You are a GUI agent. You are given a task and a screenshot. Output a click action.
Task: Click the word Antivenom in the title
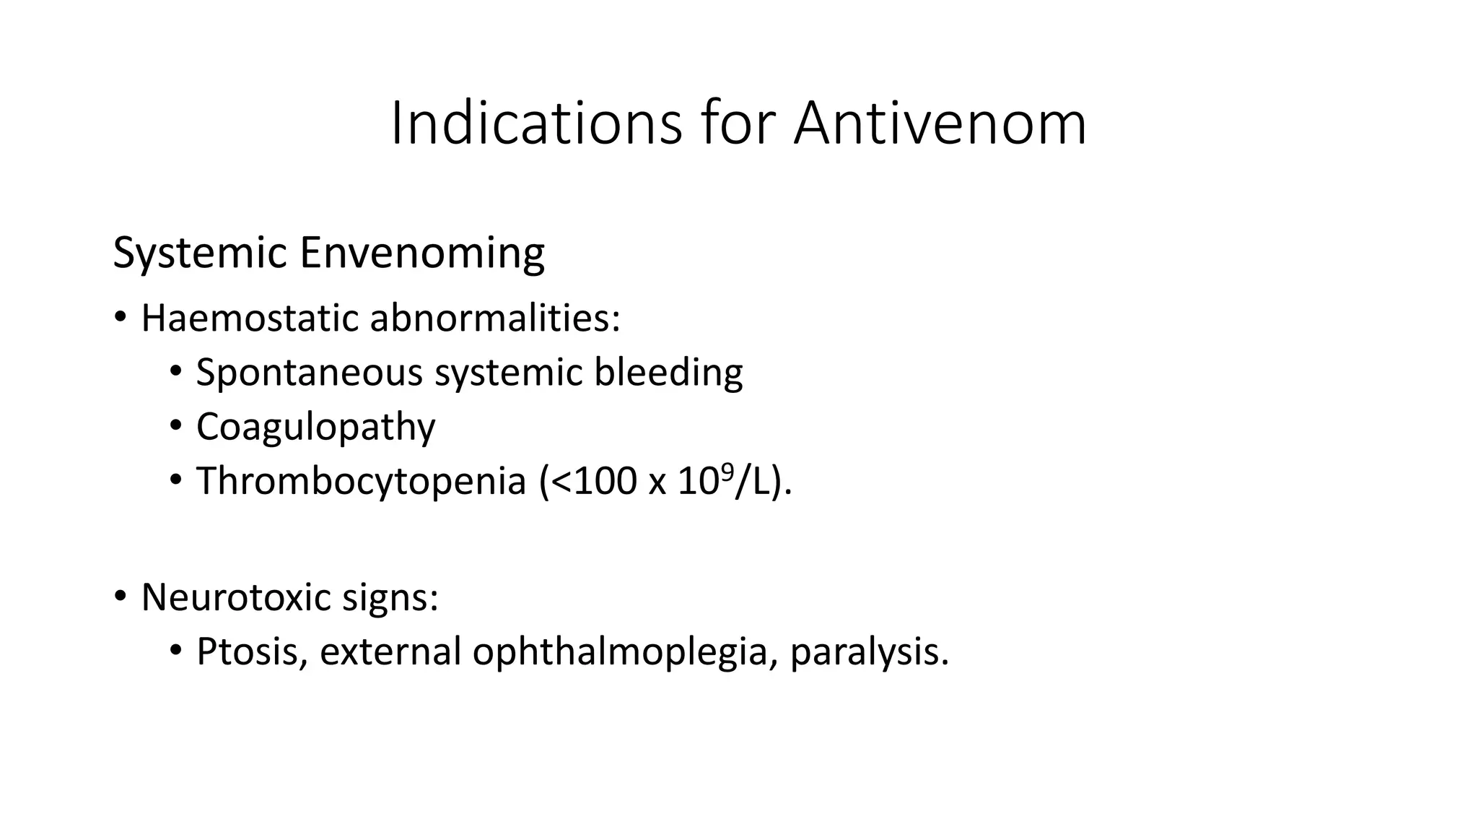(x=940, y=123)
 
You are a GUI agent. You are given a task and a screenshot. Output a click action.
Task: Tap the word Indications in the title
(x=535, y=123)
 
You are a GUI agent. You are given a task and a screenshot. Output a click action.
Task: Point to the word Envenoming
(x=422, y=253)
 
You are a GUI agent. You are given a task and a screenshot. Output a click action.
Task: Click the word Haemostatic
(x=250, y=318)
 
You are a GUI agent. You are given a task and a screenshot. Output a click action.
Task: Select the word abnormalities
(x=494, y=318)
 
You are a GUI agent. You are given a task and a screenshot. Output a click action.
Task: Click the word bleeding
(x=668, y=373)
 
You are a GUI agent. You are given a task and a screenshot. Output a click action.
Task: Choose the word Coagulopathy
(x=315, y=427)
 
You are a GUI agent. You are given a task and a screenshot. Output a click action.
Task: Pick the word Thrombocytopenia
(x=361, y=481)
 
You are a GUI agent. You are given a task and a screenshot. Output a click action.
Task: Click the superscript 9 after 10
(x=727, y=472)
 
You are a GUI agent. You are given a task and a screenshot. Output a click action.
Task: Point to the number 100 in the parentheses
(x=606, y=481)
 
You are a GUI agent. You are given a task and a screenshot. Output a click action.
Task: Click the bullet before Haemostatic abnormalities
(x=121, y=318)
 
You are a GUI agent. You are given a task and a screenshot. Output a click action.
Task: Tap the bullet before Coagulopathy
(x=175, y=427)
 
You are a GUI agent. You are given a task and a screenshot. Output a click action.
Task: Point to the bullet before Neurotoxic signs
(x=121, y=597)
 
